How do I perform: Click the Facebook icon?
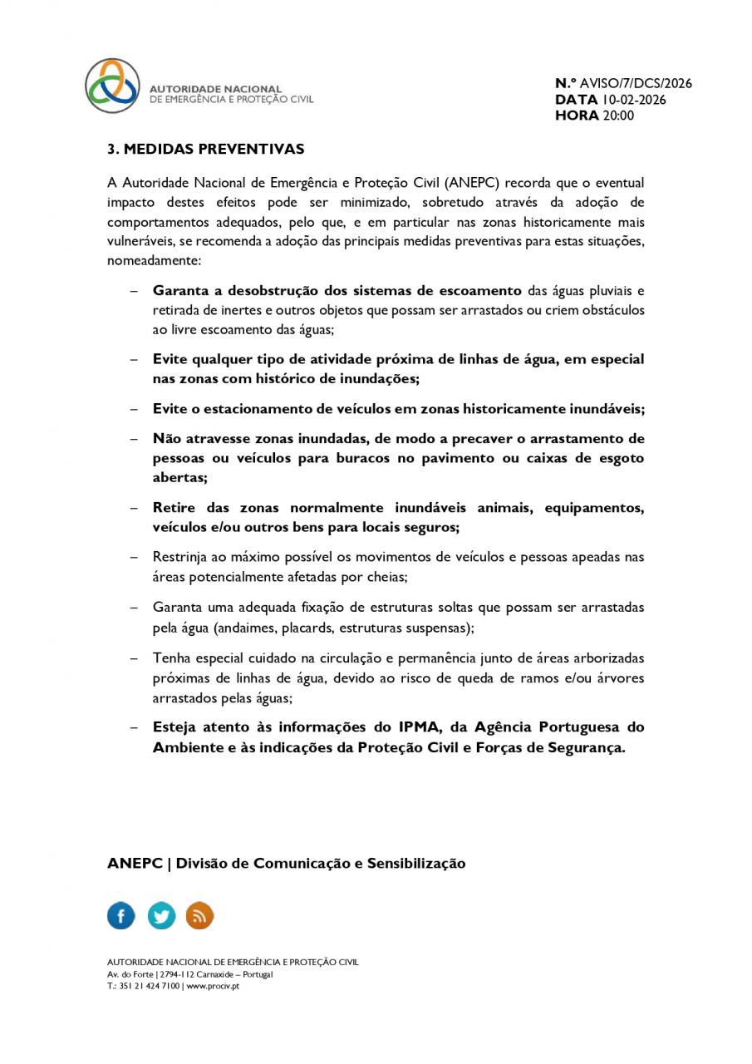coord(121,916)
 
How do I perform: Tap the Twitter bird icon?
coord(161,916)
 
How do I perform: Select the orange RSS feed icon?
coord(199,916)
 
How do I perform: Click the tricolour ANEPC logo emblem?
coord(113,86)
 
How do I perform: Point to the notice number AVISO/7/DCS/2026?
coord(636,83)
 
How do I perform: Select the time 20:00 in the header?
coord(617,116)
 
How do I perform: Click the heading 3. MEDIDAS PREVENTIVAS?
coord(205,150)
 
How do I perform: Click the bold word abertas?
coord(179,478)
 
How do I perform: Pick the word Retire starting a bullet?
coord(173,508)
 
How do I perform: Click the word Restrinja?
coord(180,557)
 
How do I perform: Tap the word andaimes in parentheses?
coord(253,628)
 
